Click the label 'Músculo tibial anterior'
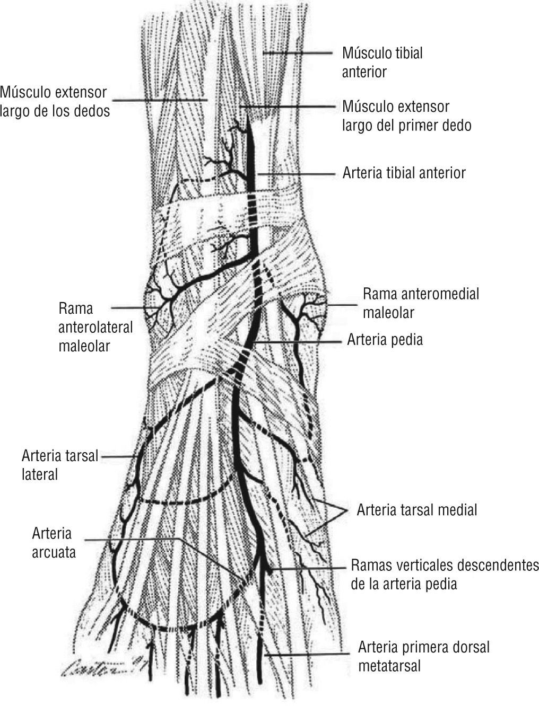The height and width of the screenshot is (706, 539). [x=382, y=62]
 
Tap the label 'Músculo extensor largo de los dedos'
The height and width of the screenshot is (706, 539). [x=55, y=102]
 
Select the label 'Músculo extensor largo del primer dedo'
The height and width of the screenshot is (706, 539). [x=406, y=116]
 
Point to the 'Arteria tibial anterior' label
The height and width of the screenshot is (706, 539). [x=404, y=173]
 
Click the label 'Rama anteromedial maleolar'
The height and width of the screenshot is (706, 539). [x=420, y=303]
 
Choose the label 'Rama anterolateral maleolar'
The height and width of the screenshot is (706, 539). [x=95, y=327]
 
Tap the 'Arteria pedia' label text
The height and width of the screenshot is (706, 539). [x=385, y=339]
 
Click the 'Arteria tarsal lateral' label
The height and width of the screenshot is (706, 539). [x=60, y=464]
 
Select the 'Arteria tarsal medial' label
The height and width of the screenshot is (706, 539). [x=417, y=510]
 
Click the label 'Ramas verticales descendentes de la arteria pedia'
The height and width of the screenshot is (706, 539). [x=444, y=574]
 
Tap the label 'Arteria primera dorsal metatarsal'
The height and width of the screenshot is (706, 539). [x=423, y=656]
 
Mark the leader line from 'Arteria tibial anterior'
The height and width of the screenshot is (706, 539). [x=297, y=173]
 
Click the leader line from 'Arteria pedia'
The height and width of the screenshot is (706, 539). [x=297, y=342]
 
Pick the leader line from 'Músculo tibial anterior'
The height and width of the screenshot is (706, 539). [x=300, y=52]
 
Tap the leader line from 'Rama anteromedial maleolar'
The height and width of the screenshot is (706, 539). [x=342, y=304]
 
